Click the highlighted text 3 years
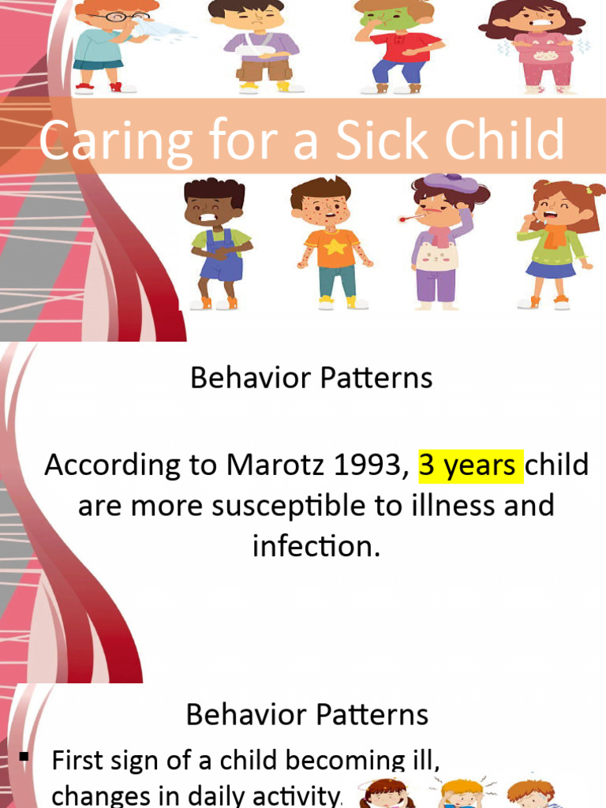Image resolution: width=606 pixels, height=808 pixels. pyautogui.click(x=469, y=465)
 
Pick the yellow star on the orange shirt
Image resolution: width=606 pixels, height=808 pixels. pyautogui.click(x=331, y=246)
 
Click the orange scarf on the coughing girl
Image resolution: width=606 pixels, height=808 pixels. pyautogui.click(x=555, y=234)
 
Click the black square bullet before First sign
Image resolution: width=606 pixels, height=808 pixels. pyautogui.click(x=24, y=758)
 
